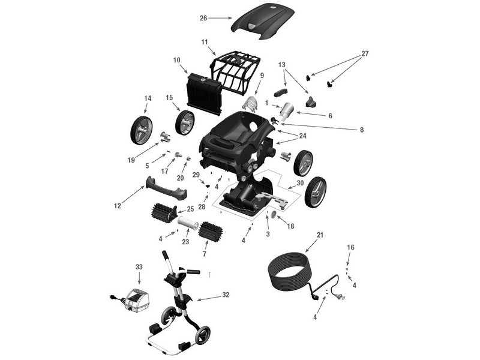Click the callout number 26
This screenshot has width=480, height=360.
click(203, 18)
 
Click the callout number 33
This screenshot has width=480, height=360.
click(139, 266)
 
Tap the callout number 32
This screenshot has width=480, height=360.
click(226, 296)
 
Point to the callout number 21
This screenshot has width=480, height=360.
click(320, 235)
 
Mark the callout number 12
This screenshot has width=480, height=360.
click(118, 206)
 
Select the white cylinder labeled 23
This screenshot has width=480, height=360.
click(190, 224)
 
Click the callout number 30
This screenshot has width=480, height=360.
click(300, 183)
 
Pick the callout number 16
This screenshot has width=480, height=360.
click(351, 247)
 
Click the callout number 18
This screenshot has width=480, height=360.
click(290, 226)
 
